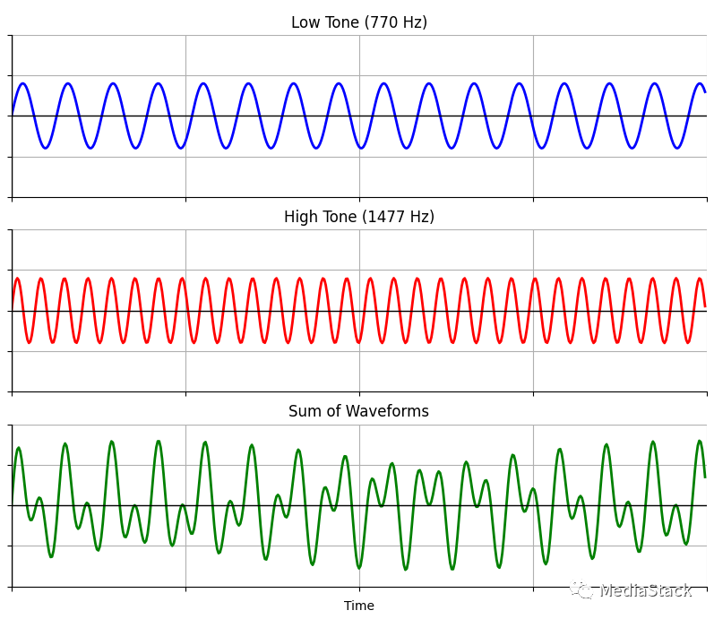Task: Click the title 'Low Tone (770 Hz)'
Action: [358, 22]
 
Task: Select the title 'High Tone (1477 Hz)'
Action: [358, 217]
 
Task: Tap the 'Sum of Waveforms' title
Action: [358, 411]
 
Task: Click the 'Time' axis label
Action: [358, 606]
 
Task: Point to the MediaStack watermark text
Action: [645, 590]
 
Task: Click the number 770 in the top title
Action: [386, 22]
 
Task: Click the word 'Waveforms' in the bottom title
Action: [388, 411]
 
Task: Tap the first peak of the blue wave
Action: [22, 84]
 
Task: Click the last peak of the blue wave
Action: [700, 84]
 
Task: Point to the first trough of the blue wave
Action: [45, 148]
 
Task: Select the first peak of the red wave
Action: [17, 279]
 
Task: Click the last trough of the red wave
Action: [688, 342]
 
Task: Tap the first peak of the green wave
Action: [18, 448]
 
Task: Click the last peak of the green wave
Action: [699, 441]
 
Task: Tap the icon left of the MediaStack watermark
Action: [582, 590]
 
